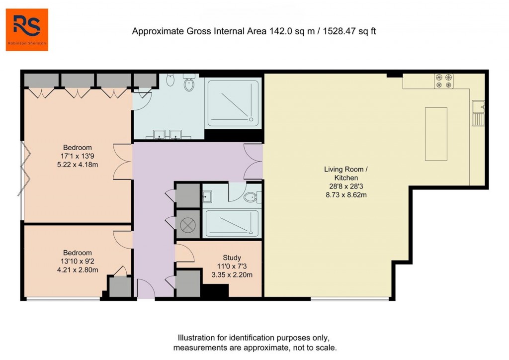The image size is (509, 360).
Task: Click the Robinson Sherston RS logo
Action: point(27,29)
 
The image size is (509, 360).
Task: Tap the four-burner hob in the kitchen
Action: point(444,81)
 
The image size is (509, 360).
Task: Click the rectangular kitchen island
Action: point(436,133)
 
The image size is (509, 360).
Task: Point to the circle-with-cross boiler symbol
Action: point(188,225)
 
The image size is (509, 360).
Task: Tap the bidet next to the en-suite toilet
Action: point(170,80)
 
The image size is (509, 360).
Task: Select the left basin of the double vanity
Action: point(160,134)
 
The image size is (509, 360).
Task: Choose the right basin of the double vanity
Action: point(175,134)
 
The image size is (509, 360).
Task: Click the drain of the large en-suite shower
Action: point(251,120)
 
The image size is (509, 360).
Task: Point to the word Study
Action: point(232,258)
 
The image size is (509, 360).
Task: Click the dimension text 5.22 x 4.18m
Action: point(77,165)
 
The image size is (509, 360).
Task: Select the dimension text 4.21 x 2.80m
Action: point(77,270)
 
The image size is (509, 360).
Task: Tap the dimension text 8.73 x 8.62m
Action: point(346,194)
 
